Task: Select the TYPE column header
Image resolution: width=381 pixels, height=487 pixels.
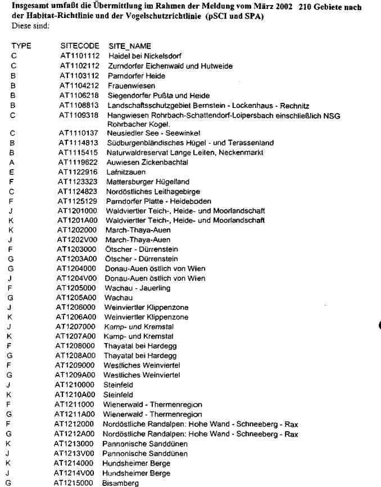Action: (21, 45)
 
